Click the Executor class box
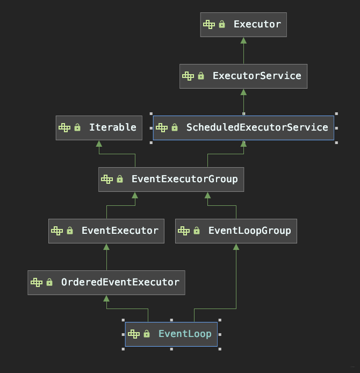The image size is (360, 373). [243, 25]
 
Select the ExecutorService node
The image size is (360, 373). [243, 76]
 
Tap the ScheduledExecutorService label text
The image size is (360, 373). [257, 128]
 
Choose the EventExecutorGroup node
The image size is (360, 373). [171, 180]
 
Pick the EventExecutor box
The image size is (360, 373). [106, 231]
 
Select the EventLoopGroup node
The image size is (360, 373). [236, 231]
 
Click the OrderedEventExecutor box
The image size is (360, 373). [106, 283]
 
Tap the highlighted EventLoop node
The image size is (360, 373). [171, 334]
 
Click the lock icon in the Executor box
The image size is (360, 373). [222, 25]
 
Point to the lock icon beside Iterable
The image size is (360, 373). [77, 128]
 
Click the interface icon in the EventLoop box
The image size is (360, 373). [133, 334]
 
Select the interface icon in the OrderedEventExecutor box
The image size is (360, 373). [36, 283]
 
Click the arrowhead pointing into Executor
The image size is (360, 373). [243, 40]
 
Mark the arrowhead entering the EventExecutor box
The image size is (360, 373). [106, 247]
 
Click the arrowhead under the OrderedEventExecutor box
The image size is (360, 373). [106, 298]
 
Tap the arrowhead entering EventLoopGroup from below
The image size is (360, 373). [236, 247]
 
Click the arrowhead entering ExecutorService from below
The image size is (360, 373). [243, 92]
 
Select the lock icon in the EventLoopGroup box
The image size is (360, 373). [197, 231]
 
